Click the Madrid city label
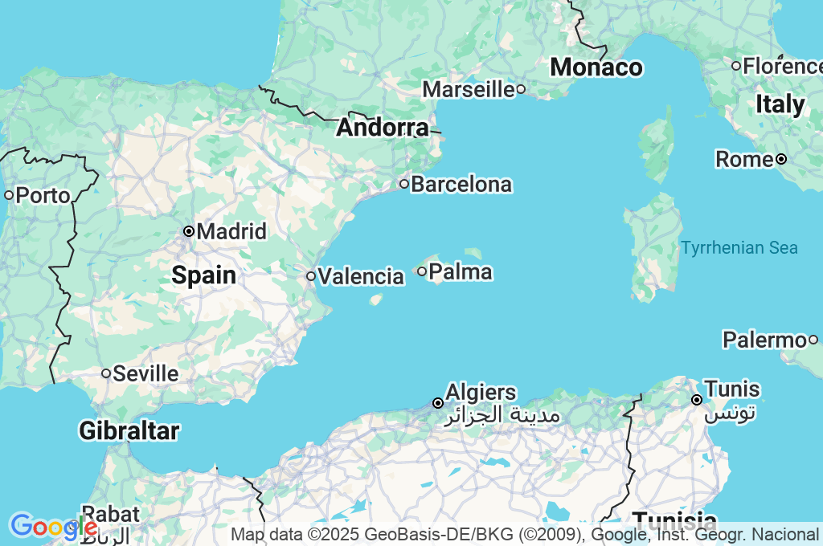tap(231, 232)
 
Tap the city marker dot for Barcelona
tap(404, 184)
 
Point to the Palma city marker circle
tap(422, 271)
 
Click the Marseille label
tap(469, 89)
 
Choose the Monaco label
tap(596, 67)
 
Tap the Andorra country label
tap(383, 128)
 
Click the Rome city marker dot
tap(780, 159)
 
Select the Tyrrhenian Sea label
tap(739, 247)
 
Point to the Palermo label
tap(764, 340)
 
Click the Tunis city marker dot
tap(697, 400)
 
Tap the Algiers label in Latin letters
tap(481, 393)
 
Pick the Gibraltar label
tap(129, 431)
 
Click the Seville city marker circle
tap(106, 373)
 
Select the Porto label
tap(43, 195)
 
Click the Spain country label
tap(204, 276)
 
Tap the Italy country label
tap(780, 104)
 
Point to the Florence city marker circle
tap(735, 66)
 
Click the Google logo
tap(52, 527)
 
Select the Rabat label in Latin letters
tap(111, 513)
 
